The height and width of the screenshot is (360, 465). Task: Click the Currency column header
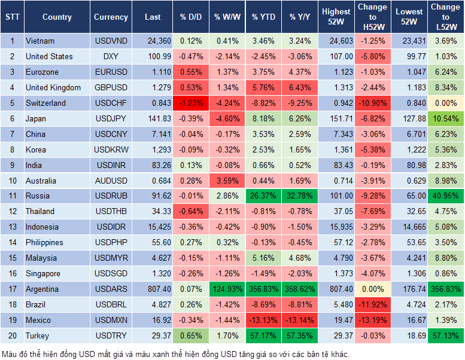tap(111, 17)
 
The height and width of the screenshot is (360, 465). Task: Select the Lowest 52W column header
tap(409, 17)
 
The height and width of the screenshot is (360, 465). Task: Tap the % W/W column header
tap(227, 17)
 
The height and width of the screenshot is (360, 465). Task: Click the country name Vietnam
tap(40, 41)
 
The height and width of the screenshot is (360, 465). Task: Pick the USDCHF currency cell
tap(111, 103)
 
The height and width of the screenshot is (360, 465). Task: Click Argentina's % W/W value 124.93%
tap(227, 289)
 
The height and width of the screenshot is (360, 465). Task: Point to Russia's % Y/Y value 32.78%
tap(300, 196)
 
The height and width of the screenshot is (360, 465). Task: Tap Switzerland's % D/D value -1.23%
tap(190, 103)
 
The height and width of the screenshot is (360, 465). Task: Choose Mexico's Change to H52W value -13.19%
tap(372, 320)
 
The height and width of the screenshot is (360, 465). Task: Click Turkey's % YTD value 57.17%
tap(263, 335)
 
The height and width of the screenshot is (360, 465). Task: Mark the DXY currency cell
tap(111, 57)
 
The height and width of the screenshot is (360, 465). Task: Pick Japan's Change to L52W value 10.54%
tap(446, 119)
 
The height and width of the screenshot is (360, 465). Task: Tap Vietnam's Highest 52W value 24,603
tap(336, 41)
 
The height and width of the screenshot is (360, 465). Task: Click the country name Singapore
tap(43, 273)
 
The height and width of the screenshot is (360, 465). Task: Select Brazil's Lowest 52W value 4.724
tap(409, 304)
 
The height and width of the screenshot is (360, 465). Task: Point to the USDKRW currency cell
tap(111, 150)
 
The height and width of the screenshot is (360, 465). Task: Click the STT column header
tap(12, 17)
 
